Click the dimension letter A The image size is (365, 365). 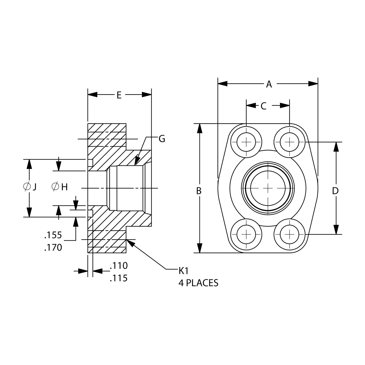(269, 84)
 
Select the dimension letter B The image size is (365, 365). (199, 191)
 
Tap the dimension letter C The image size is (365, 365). (263, 106)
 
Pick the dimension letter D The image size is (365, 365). (335, 191)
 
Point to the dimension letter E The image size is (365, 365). (119, 95)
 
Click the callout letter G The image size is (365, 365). (162, 139)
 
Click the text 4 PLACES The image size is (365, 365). (198, 283)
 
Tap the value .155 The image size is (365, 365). (53, 235)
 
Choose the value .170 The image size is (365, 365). (53, 247)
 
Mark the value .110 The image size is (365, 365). (119, 266)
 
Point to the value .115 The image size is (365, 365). (119, 278)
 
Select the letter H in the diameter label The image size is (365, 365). (64, 187)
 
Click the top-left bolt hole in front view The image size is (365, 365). (246, 142)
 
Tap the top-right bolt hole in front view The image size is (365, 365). (290, 142)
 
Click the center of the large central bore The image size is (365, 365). (268, 188)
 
